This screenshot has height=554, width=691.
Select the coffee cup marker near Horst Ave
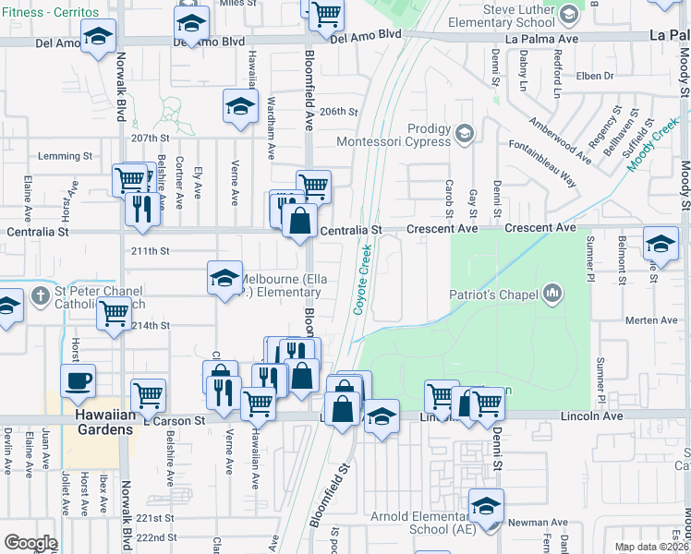pyautogui.click(x=78, y=379)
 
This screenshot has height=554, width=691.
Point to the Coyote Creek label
pyautogui.click(x=362, y=279)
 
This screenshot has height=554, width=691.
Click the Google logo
pyautogui.click(x=30, y=543)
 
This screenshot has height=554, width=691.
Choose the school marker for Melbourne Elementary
pyautogui.click(x=224, y=277)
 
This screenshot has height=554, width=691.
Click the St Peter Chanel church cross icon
pyautogui.click(x=39, y=296)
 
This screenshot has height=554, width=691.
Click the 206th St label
pyautogui.click(x=338, y=112)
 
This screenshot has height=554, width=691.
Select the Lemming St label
pyautogui.click(x=55, y=155)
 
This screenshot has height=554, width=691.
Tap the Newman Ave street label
pyautogui.click(x=530, y=523)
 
